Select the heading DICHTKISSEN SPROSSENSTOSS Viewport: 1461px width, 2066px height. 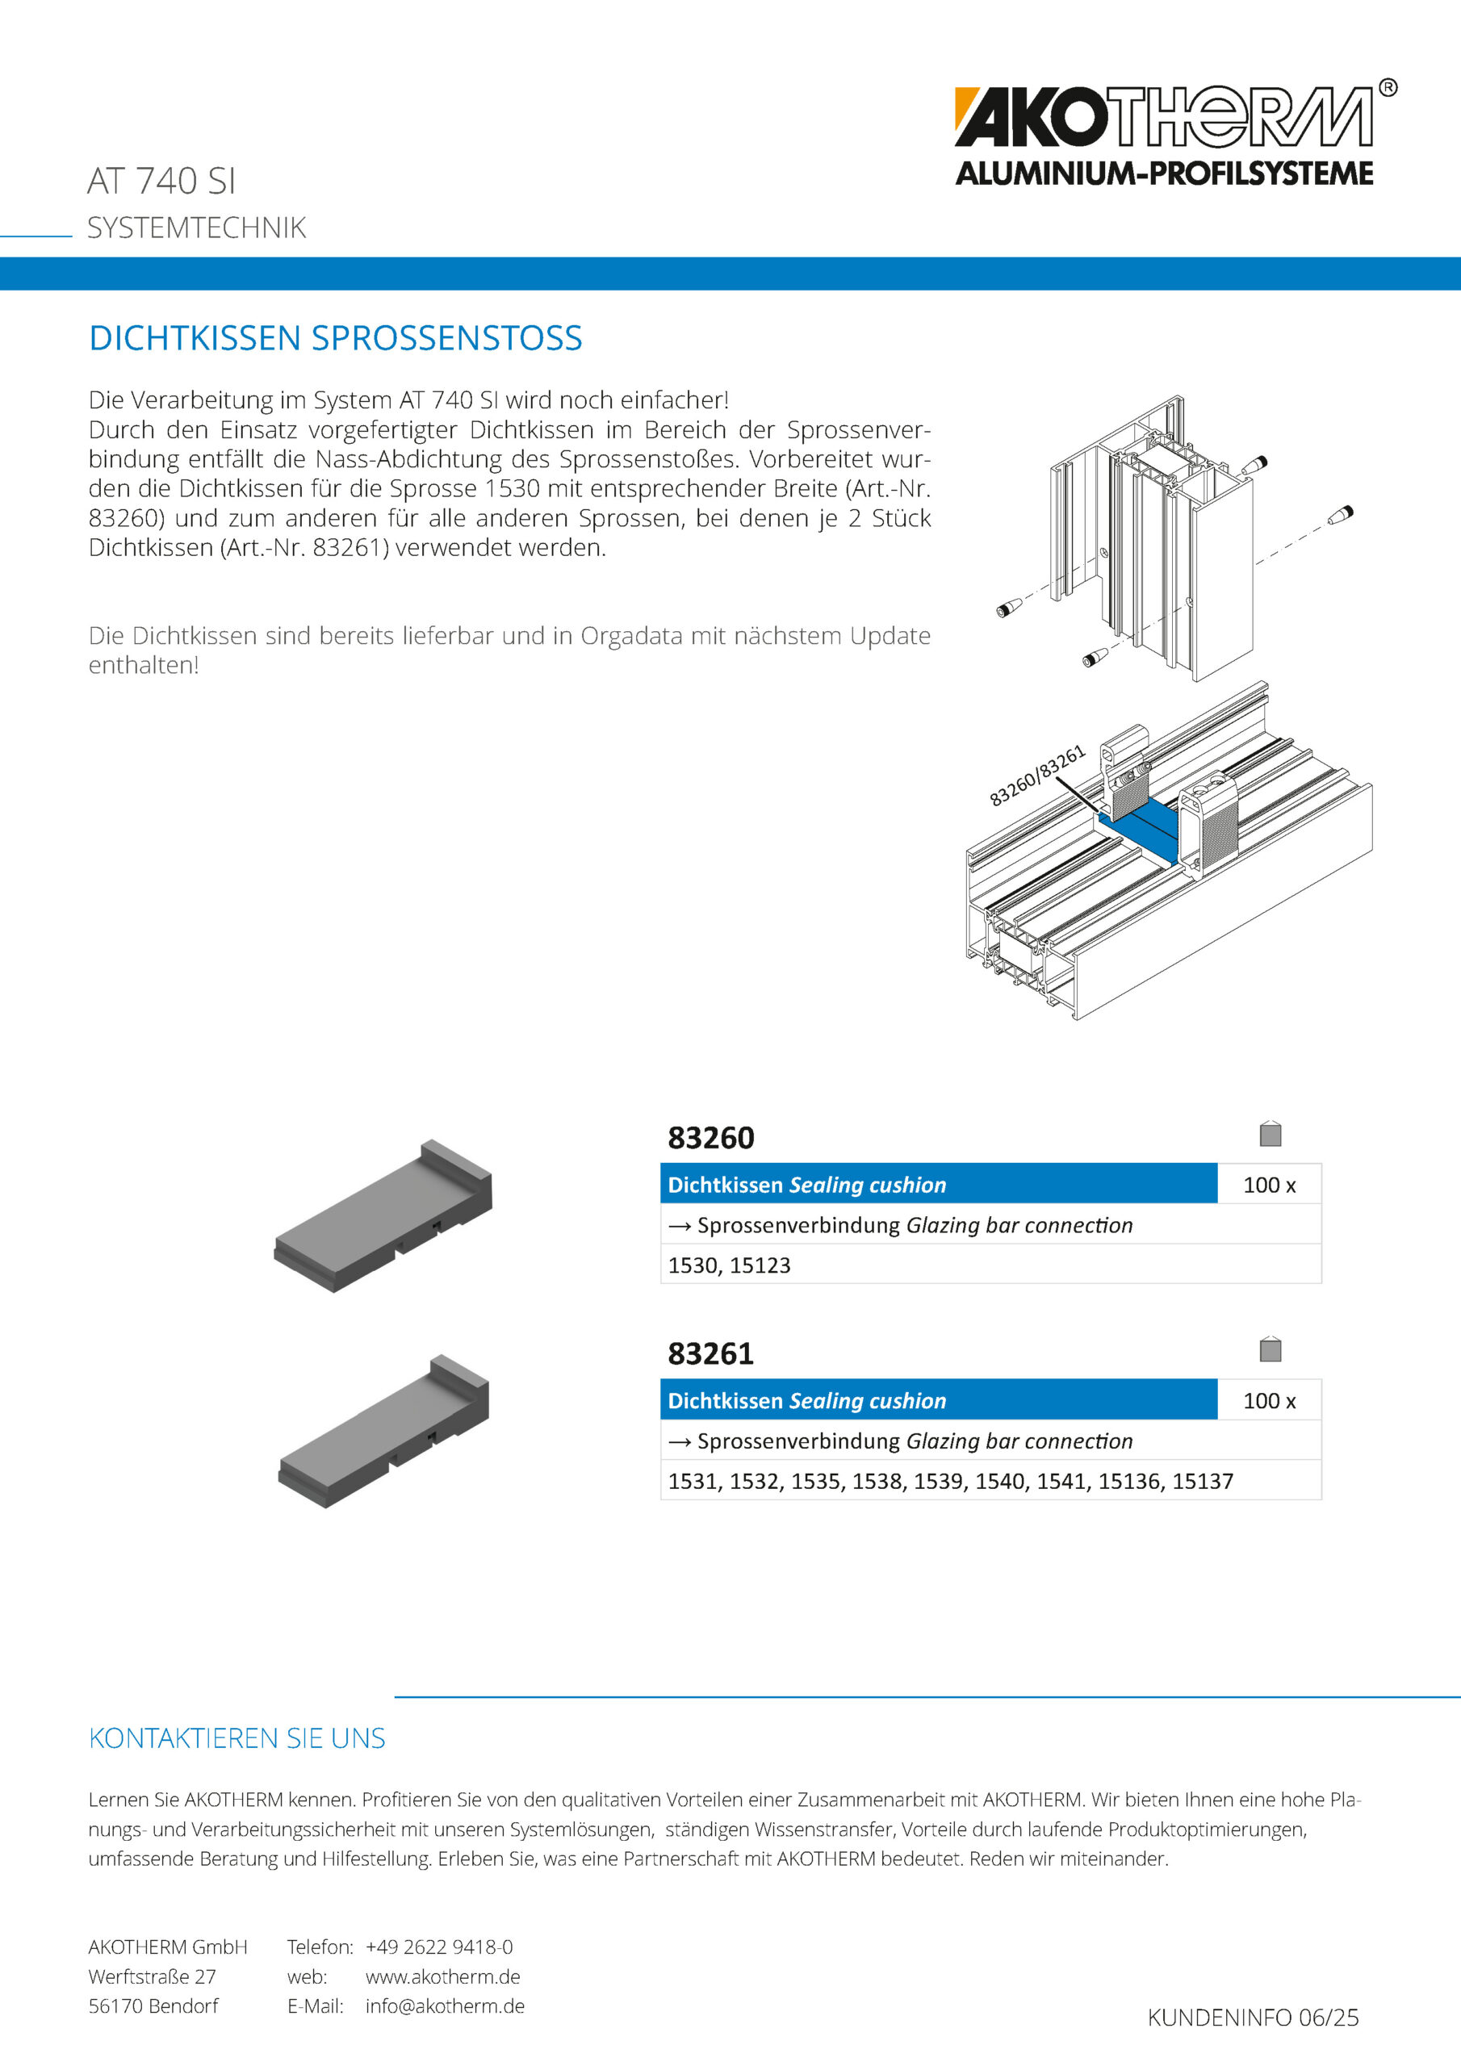(335, 338)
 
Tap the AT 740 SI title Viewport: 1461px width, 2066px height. (161, 181)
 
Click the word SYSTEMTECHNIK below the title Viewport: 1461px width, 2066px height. (196, 228)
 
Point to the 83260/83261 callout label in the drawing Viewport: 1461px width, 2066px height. (1037, 776)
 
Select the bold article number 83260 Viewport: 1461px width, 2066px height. (710, 1137)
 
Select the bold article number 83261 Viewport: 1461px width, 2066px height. (710, 1353)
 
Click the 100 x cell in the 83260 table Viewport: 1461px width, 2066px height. (1268, 1185)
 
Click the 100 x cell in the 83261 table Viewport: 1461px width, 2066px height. (1268, 1401)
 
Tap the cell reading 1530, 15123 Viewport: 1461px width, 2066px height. (729, 1265)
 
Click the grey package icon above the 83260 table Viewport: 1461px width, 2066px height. (1271, 1134)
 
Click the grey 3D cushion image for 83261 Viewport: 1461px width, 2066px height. (384, 1432)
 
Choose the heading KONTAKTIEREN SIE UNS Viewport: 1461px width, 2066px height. (237, 1738)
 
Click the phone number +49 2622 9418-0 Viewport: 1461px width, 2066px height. (438, 1947)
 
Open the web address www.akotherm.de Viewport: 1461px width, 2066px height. (442, 1976)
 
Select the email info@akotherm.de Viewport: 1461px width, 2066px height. (445, 2005)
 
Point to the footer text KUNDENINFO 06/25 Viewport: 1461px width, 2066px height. (1252, 2018)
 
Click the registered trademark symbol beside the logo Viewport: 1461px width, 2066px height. (1388, 87)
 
